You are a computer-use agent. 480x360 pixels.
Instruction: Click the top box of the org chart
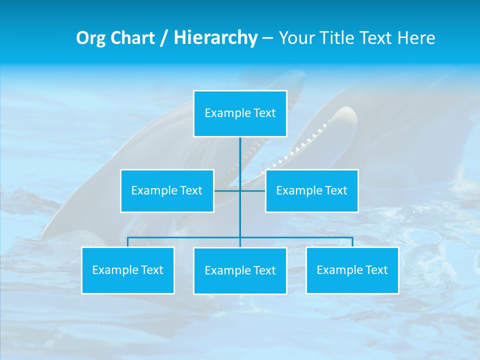coord(240,113)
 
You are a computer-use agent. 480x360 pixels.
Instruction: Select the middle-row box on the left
coord(167,191)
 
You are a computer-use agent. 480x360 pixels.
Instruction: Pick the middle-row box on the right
coord(311,191)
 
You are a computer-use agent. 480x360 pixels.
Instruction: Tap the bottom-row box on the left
coord(128,270)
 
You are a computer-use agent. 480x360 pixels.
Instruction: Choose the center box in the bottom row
coord(240,271)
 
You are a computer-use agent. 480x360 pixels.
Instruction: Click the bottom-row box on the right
coord(352,270)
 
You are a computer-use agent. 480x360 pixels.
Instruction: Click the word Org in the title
coord(90,38)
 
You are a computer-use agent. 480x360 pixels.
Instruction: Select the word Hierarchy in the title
coord(215,38)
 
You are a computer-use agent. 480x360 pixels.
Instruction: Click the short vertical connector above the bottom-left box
coord(128,242)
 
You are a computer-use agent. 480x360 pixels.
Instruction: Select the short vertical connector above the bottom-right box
coord(352,242)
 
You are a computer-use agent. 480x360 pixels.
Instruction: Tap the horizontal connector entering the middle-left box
coord(226,191)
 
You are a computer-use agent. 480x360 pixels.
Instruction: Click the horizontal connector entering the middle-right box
coord(253,191)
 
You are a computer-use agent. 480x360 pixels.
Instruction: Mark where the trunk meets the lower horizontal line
coord(240,237)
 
